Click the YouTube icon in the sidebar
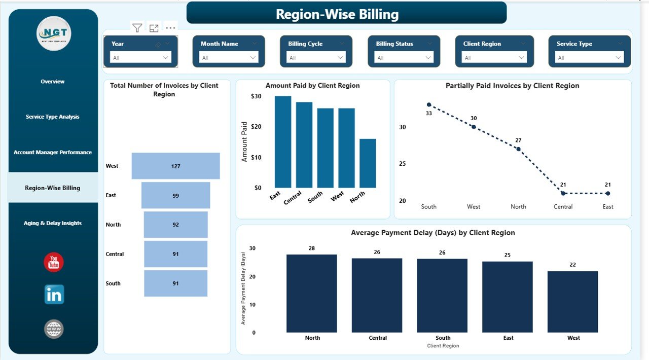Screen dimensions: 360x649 pyautogui.click(x=54, y=262)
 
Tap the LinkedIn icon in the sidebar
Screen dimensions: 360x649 pyautogui.click(x=54, y=295)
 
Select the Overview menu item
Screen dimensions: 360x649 pyautogui.click(x=53, y=82)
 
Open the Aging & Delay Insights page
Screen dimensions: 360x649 pyautogui.click(x=53, y=223)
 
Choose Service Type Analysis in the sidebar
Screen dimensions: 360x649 pyautogui.click(x=53, y=117)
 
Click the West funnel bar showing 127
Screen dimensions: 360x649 pyautogui.click(x=175, y=166)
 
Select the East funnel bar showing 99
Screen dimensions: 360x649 pyautogui.click(x=175, y=195)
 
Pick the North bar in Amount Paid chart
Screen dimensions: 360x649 pyautogui.click(x=368, y=163)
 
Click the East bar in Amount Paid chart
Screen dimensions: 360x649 pyautogui.click(x=283, y=142)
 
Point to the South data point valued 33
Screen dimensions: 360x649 pyautogui.click(x=429, y=104)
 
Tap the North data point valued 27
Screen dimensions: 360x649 pyautogui.click(x=518, y=149)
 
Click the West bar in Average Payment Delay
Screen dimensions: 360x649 pyautogui.click(x=572, y=302)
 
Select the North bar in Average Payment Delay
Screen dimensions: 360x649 pyautogui.click(x=311, y=294)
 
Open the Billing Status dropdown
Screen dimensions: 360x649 pyautogui.click(x=404, y=58)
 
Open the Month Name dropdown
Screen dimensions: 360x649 pyautogui.click(x=228, y=58)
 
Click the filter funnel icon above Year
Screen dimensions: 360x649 pyautogui.click(x=137, y=28)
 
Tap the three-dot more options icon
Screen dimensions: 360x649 pyautogui.click(x=170, y=28)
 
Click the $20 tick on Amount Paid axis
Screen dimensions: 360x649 pyautogui.click(x=256, y=127)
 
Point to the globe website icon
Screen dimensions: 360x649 pyautogui.click(x=54, y=329)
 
